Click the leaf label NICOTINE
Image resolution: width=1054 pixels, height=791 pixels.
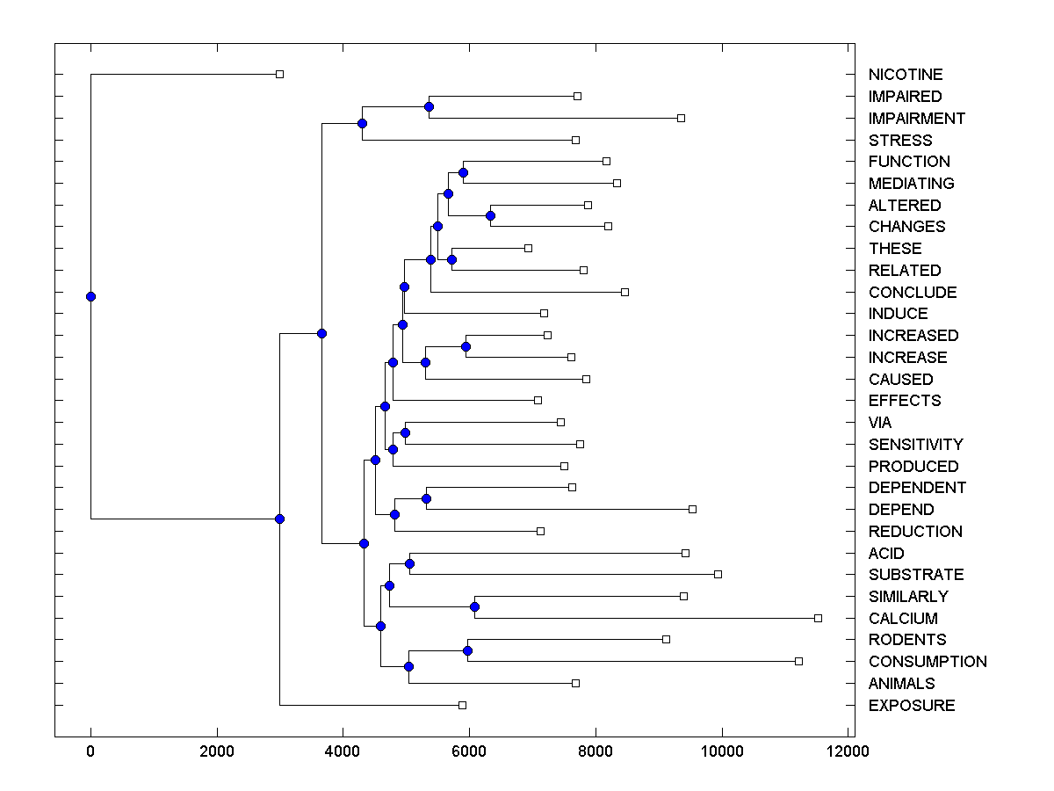905,75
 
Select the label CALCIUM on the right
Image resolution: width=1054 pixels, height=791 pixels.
903,619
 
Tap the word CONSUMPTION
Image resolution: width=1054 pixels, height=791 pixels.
928,662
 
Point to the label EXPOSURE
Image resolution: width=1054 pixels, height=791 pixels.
912,706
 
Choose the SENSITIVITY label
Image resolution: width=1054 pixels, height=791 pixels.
915,445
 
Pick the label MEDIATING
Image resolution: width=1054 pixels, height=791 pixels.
911,184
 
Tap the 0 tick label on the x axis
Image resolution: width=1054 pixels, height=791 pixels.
90,751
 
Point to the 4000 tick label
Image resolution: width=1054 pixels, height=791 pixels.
343,751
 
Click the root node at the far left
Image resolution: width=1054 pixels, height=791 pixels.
90,296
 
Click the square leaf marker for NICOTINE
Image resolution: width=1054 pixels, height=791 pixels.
279,75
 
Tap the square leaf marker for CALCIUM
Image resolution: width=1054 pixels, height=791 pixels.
818,619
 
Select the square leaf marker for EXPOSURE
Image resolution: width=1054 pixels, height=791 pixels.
462,705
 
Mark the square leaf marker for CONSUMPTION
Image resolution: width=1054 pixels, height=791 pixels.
798,661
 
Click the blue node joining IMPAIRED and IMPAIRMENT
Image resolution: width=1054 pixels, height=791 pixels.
429,107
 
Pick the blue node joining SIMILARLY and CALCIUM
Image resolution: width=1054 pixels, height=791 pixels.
474,606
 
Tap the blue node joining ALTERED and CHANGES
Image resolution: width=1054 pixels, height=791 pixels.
490,215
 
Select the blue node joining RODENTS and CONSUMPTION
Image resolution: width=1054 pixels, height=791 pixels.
467,650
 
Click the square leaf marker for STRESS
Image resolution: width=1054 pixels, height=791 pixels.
575,140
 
